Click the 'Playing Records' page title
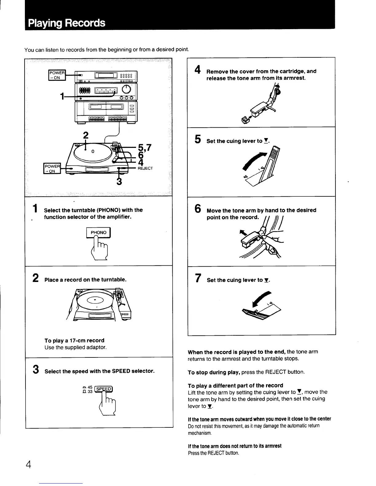66,23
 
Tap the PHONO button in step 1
98,233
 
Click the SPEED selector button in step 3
104,389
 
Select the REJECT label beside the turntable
145,168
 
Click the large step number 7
198,279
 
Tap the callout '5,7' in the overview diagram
144,148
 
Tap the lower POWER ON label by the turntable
52,169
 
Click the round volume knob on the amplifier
127,89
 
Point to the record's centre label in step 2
95,299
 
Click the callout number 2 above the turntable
86,135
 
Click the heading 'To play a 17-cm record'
74,341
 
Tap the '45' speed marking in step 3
90,387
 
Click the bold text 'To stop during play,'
214,372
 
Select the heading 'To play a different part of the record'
235,385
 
